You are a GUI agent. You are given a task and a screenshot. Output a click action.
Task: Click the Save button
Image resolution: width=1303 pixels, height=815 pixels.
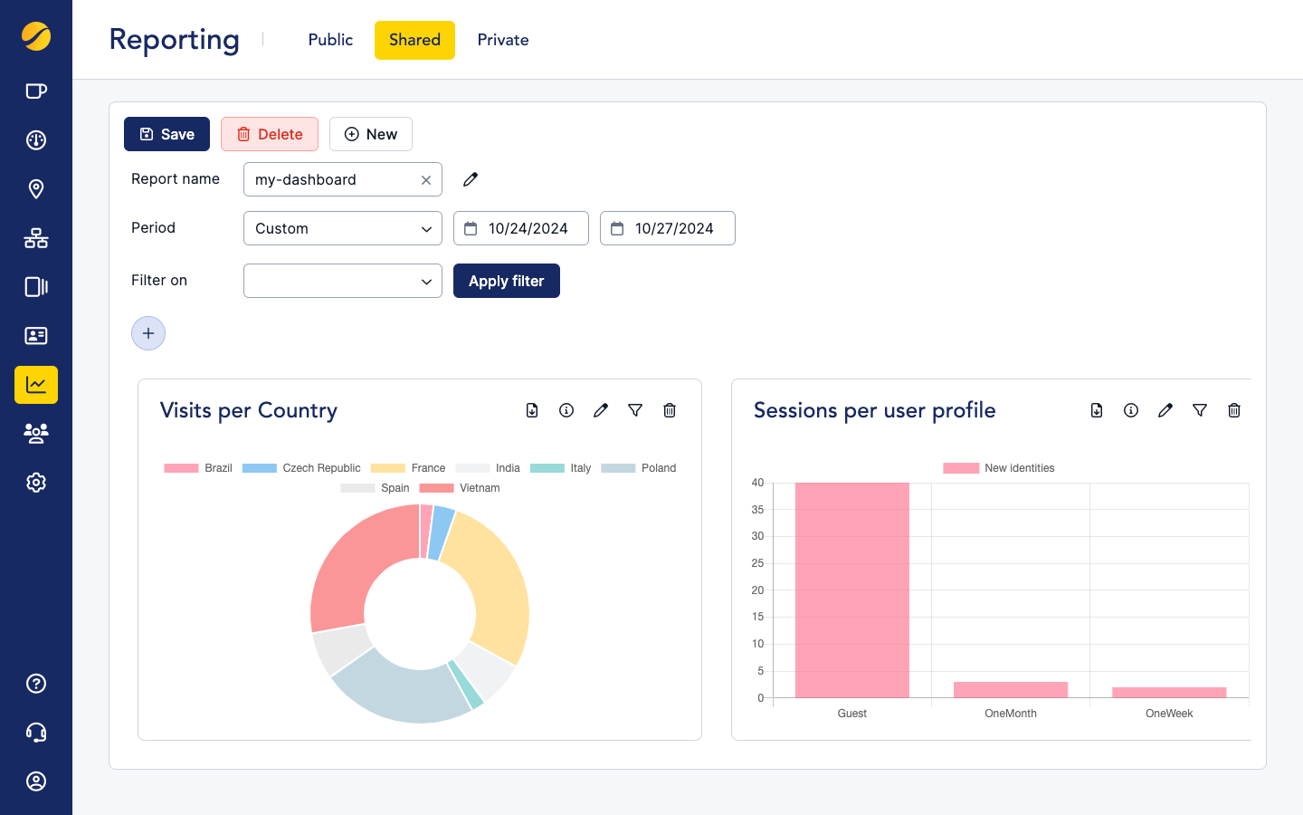(x=166, y=134)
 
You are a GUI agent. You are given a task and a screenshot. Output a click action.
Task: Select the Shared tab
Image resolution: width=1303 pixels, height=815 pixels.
(x=414, y=40)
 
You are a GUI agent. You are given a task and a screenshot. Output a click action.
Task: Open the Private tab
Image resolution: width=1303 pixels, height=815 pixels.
(x=503, y=40)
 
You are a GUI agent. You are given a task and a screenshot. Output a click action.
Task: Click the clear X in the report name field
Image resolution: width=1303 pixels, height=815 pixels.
(x=426, y=180)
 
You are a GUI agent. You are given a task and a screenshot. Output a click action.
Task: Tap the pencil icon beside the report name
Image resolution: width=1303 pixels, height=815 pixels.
(x=471, y=179)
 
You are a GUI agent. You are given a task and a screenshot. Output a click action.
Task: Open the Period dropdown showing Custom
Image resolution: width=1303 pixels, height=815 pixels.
(x=342, y=228)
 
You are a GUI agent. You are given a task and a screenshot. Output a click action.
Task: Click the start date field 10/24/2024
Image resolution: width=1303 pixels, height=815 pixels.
(x=521, y=228)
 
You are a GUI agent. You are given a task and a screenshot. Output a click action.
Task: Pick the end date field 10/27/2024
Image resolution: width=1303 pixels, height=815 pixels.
(x=668, y=228)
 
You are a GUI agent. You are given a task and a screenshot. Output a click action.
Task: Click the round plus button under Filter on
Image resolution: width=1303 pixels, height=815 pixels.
(x=148, y=333)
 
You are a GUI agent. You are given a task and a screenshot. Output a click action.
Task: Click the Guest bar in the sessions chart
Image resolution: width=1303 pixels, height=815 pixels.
(x=851, y=590)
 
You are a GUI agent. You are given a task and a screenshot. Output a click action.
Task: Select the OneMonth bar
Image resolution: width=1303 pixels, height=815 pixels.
(x=1011, y=689)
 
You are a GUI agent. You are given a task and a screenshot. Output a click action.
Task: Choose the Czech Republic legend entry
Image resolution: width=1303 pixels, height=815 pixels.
(x=302, y=468)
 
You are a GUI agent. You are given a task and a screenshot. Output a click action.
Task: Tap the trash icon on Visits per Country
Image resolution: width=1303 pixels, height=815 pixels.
(x=670, y=410)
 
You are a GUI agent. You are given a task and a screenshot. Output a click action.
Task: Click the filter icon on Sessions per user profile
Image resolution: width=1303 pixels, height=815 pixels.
(x=1200, y=410)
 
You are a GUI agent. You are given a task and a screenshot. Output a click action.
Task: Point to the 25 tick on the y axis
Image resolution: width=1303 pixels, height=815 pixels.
(x=757, y=563)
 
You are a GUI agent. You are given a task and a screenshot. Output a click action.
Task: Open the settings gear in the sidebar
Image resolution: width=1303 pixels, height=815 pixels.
(x=36, y=483)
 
